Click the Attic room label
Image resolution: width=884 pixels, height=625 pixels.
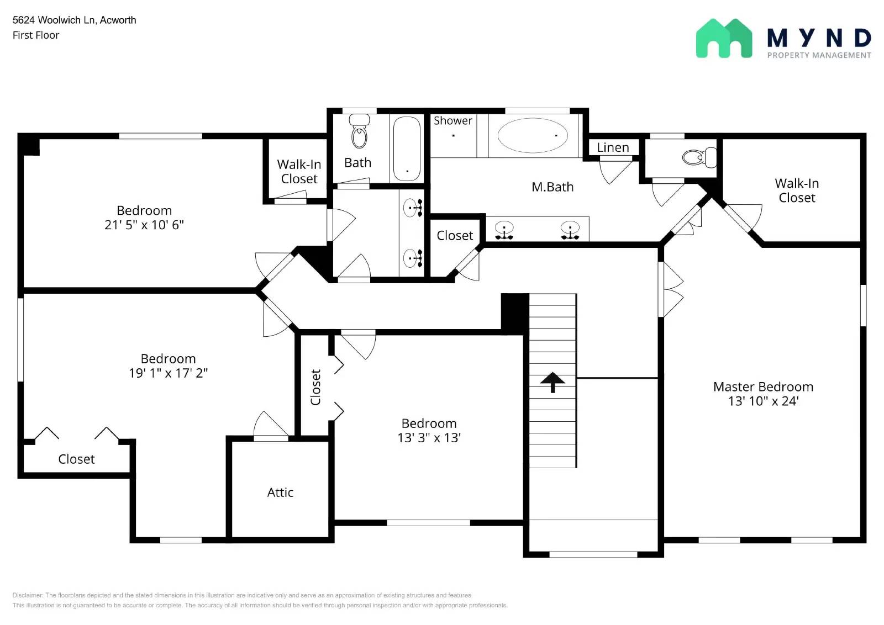tap(280, 492)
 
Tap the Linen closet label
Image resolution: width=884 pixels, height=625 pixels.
tap(613, 147)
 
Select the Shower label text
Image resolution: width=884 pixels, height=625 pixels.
tap(452, 120)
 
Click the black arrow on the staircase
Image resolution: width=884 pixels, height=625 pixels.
tap(552, 382)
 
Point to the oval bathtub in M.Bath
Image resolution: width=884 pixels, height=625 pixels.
tap(532, 135)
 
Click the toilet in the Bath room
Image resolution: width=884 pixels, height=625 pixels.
tap(359, 132)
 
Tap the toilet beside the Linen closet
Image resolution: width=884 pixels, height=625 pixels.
tap(698, 157)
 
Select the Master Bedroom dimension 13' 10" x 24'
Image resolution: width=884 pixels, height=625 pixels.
tap(763, 401)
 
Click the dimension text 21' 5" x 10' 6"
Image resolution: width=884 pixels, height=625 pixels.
tap(144, 225)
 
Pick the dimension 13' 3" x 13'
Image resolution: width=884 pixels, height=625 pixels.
tap(429, 438)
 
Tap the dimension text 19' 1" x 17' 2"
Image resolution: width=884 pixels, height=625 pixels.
tap(168, 373)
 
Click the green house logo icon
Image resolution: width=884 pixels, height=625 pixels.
tap(723, 39)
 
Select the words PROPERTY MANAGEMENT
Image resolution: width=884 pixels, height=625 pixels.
tap(819, 55)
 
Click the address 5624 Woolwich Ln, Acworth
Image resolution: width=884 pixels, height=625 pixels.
tap(74, 20)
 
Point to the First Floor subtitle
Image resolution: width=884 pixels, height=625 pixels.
tap(36, 35)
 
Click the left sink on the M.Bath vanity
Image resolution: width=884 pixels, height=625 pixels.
tap(504, 229)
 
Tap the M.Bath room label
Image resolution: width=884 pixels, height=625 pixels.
tap(552, 187)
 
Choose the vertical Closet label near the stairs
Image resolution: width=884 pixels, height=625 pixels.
tap(315, 387)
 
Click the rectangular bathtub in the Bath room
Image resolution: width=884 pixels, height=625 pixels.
tap(407, 149)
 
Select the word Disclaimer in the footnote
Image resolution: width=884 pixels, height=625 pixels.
tap(28, 595)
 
